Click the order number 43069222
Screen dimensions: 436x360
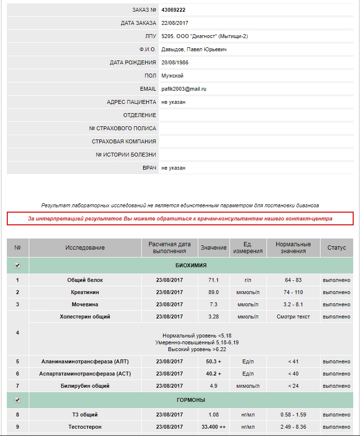(173, 10)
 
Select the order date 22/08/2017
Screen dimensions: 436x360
(175, 23)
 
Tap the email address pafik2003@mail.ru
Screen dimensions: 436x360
(184, 89)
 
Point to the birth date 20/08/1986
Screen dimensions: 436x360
(175, 62)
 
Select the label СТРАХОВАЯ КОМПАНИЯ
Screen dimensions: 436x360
(124, 141)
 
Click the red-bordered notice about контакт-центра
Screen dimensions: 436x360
(180, 218)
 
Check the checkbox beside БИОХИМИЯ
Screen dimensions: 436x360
(18, 265)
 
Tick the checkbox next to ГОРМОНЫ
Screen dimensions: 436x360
(18, 400)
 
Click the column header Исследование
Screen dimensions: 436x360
(85, 248)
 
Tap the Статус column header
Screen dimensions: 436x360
(336, 248)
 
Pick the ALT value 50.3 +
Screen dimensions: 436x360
(213, 362)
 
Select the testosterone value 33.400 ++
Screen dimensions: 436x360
(213, 427)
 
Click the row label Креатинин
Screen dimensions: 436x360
(85, 292)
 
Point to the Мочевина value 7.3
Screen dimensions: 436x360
(213, 304)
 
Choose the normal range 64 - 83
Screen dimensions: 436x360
(293, 280)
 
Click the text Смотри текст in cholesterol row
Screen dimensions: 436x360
(293, 317)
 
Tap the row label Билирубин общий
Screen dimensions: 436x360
(85, 386)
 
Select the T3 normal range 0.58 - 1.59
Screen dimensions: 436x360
(293, 415)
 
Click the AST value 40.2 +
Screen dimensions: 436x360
(213, 374)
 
